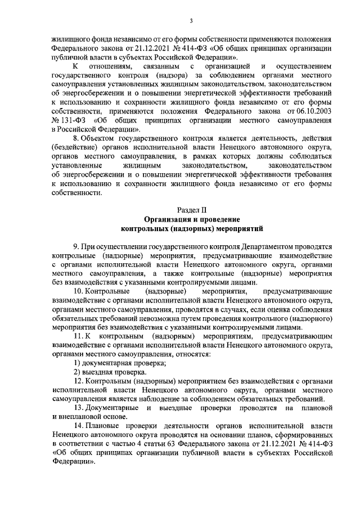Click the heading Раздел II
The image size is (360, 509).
pyautogui.click(x=191, y=210)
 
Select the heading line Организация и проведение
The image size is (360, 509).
pyautogui.click(x=191, y=219)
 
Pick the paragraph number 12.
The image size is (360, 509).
pyautogui.click(x=79, y=381)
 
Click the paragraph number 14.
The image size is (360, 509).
pyautogui.click(x=79, y=426)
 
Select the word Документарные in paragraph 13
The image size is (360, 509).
pyautogui.click(x=114, y=408)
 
